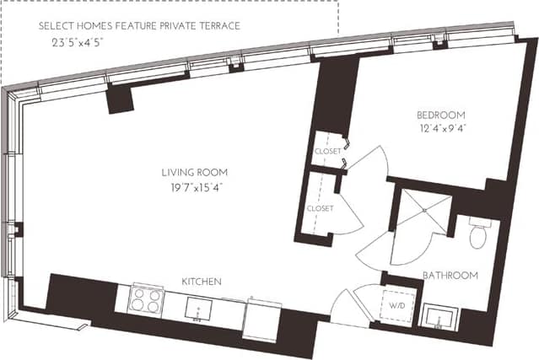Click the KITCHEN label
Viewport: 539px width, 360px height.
(202, 281)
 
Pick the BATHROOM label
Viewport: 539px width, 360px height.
(450, 275)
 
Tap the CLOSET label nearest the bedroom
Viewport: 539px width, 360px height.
(327, 151)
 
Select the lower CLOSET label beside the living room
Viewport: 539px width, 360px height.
(320, 208)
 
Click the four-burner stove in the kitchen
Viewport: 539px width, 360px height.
(145, 300)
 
